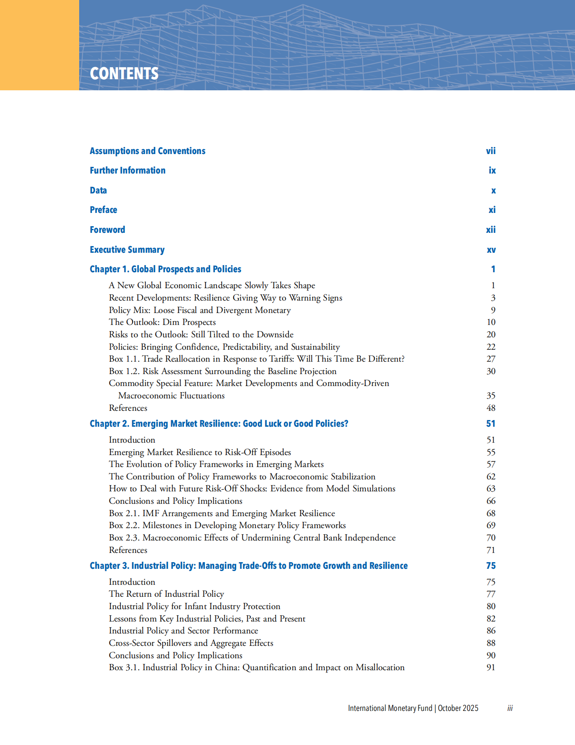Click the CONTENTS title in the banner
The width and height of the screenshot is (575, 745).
pos(124,73)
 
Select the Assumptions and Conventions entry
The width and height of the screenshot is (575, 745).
pos(147,151)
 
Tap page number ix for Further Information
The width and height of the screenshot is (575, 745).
pos(492,170)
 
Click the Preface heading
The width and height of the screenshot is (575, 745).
pos(103,210)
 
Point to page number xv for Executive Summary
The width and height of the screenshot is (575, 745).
pos(491,250)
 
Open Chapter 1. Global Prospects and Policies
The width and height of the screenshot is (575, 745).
pos(165,269)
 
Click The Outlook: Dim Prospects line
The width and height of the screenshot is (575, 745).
pos(162,322)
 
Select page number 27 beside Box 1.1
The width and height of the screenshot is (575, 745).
pos(491,359)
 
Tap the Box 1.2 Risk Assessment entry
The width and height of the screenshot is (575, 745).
pos(222,371)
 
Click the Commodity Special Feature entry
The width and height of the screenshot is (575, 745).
pos(249,383)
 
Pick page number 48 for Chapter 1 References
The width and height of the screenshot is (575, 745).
pos(491,408)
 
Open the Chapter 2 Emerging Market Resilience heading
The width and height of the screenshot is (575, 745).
pos(219,424)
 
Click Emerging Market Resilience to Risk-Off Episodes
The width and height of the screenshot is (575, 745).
pos(200,452)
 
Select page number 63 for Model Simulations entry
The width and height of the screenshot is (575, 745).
pos(491,489)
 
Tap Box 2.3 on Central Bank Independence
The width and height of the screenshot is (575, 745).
pos(252,538)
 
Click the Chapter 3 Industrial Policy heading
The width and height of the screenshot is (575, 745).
pos(249,566)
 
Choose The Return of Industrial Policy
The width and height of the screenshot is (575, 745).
pos(166,594)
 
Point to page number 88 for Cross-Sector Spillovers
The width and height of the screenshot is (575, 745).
pos(491,643)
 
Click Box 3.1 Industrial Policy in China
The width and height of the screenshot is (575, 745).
pos(257,668)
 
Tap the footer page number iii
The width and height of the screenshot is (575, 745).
pos(510,708)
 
